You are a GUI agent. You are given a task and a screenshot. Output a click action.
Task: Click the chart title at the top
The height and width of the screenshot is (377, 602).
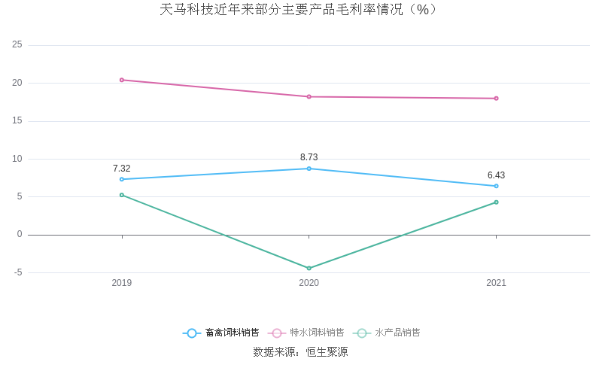[x=299, y=10]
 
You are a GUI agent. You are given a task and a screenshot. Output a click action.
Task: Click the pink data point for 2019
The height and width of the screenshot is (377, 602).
[x=122, y=80]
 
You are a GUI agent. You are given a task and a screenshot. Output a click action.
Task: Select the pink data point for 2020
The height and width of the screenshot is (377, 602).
[x=309, y=96]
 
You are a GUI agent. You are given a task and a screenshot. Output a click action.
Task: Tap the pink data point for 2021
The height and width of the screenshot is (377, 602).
[x=496, y=98]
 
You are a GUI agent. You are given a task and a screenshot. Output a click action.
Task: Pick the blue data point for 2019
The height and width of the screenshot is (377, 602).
[x=122, y=179]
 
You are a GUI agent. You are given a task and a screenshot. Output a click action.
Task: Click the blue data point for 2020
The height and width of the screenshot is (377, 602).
[x=309, y=169]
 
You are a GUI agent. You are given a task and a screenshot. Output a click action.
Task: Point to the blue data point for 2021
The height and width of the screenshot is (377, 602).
[x=496, y=186]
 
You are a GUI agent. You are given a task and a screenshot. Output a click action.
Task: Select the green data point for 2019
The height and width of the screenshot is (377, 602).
[x=122, y=195]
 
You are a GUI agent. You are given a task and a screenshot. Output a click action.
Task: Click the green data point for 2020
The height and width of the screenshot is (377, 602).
[x=309, y=268]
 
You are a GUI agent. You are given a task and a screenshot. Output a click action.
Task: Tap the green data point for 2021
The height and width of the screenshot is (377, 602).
[x=496, y=202]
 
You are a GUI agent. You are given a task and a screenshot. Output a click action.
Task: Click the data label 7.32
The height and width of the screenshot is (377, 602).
[x=122, y=169]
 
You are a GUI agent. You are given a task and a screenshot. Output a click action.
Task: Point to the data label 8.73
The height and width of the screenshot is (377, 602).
[x=309, y=157]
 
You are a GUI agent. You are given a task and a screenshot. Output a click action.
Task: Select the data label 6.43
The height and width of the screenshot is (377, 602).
[x=496, y=175]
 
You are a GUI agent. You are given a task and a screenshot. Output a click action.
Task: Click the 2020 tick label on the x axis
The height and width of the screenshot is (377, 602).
[x=309, y=283]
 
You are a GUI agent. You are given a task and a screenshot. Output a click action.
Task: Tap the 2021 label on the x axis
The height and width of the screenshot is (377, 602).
[x=496, y=283]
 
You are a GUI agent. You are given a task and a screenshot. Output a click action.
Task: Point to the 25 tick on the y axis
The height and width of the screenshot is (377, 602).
[x=17, y=45]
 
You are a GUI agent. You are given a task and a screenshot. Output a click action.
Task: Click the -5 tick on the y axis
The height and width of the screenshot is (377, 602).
[x=17, y=272]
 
